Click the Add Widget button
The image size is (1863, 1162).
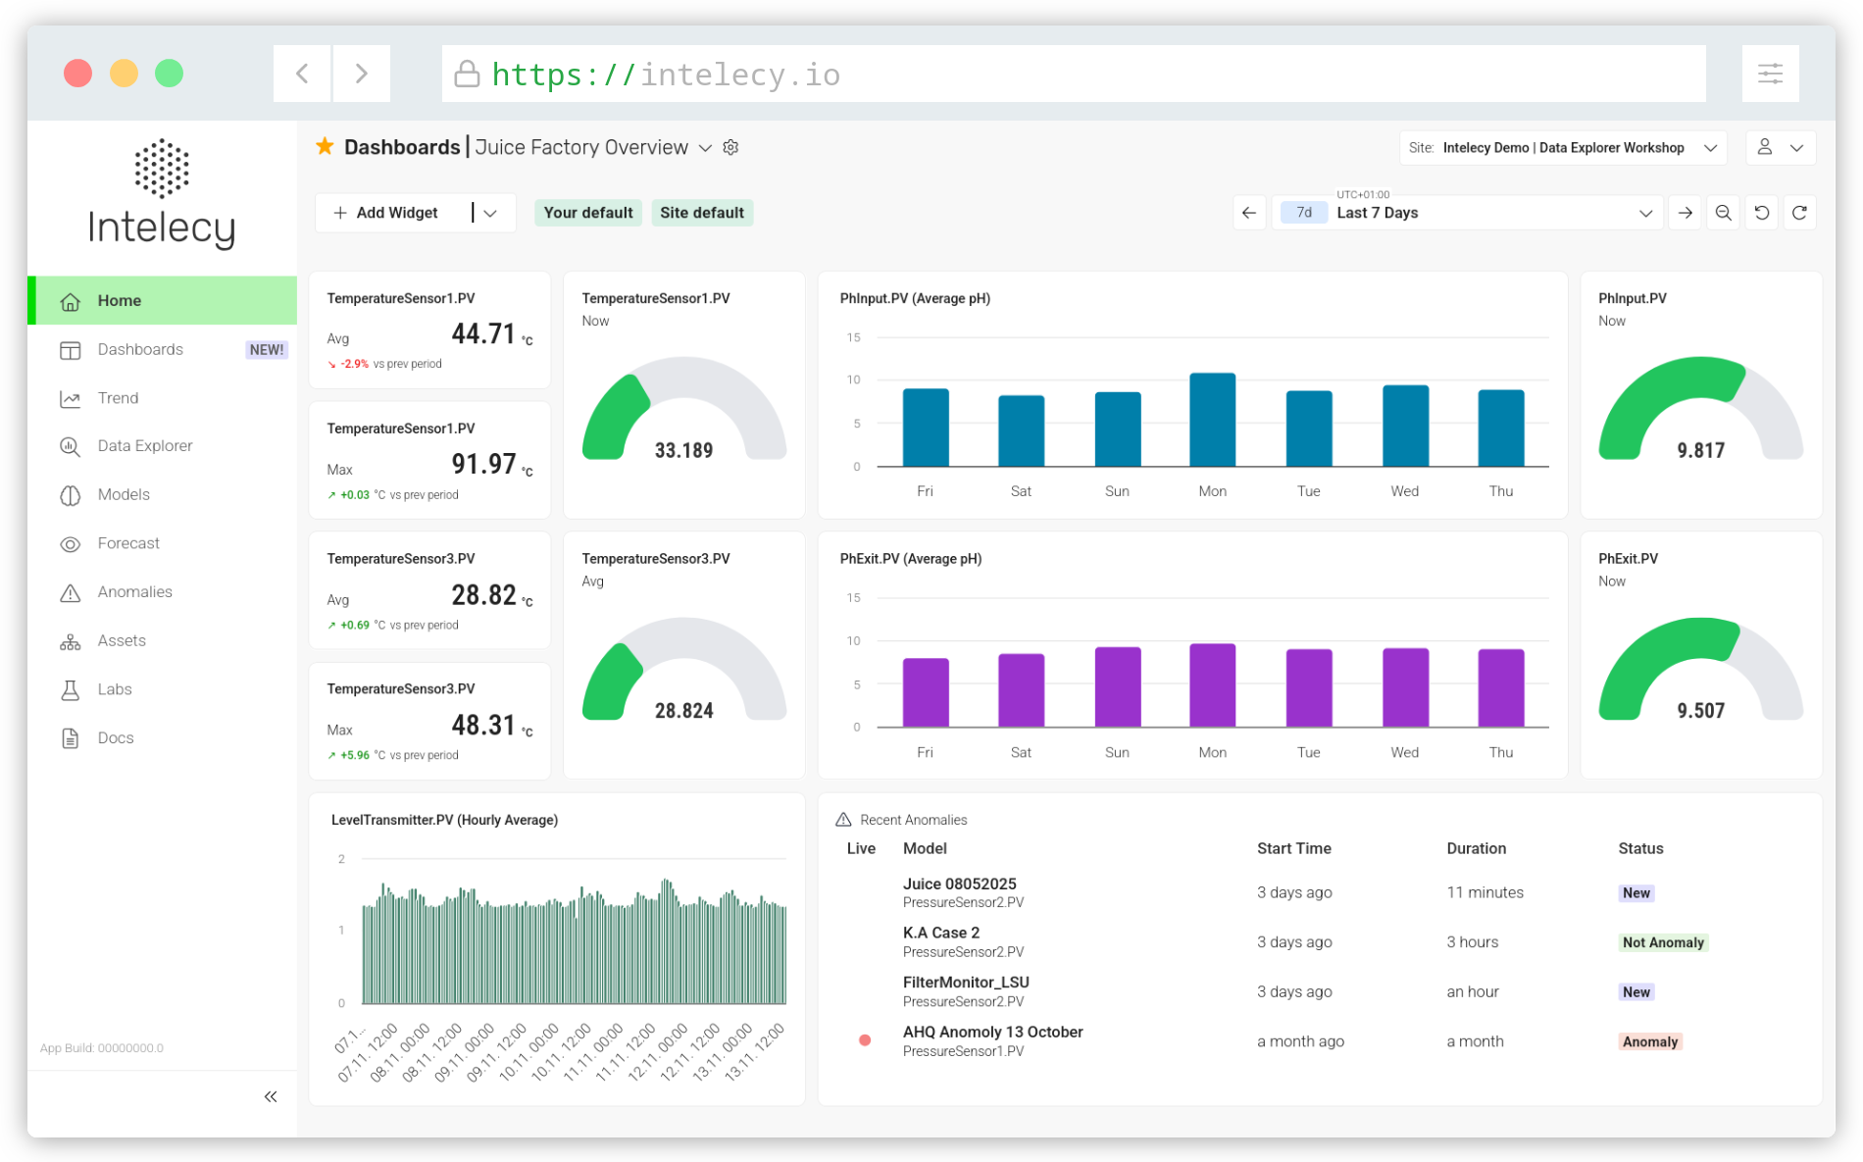[x=385, y=213]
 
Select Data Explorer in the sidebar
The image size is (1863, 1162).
[x=144, y=446]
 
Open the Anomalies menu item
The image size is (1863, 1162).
[x=134, y=592]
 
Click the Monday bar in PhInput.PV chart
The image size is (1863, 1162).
[x=1212, y=420]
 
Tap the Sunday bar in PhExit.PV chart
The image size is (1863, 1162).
[x=1117, y=686]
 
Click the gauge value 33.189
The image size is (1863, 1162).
[x=683, y=451]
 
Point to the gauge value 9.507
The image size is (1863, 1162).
[x=1700, y=711]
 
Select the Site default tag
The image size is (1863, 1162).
[x=702, y=213]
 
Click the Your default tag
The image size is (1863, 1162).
[x=588, y=213]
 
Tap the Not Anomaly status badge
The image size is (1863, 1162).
[x=1663, y=942]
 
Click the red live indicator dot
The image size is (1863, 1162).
[x=865, y=1040]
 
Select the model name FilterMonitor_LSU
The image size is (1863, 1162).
[x=966, y=983]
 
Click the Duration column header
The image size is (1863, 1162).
[x=1476, y=849]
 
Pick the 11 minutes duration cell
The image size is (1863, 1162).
[x=1485, y=893]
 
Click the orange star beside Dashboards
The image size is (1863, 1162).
[x=325, y=146]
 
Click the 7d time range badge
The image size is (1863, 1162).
[x=1304, y=213]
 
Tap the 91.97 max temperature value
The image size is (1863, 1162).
[x=483, y=464]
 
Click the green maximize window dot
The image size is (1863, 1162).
[x=169, y=74]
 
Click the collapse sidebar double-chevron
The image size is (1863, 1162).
[x=271, y=1097]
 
